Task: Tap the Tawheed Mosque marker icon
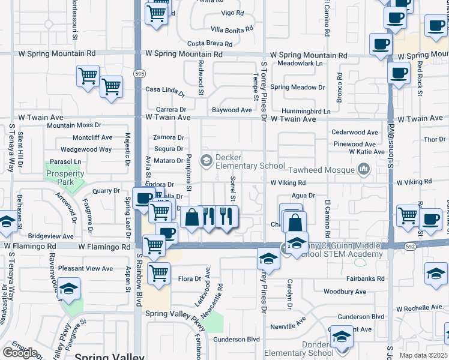[363, 170]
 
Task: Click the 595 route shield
[139, 74]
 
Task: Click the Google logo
[20, 352]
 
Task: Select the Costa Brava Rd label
[209, 44]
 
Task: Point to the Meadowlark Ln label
[300, 63]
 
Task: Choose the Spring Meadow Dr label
[297, 87]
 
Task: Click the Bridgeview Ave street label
[50, 237]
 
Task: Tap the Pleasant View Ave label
[86, 268]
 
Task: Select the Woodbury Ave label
[345, 292]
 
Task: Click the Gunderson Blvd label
[360, 316]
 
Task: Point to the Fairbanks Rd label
[365, 278]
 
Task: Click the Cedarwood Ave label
[355, 133]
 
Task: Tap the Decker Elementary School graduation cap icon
[206, 160]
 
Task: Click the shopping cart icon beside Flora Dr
[158, 273]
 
